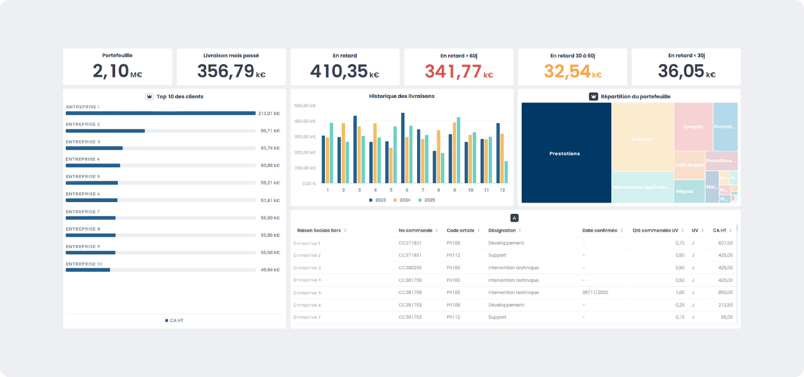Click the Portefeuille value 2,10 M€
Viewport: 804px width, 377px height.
click(117, 71)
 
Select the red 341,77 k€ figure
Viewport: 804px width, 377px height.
click(459, 72)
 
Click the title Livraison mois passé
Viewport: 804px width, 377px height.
click(231, 56)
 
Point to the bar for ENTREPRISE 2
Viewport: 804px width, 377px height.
click(105, 131)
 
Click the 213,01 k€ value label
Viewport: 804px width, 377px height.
click(269, 113)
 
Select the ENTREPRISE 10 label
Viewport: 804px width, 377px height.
click(84, 264)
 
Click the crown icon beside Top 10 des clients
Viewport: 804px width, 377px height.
click(149, 97)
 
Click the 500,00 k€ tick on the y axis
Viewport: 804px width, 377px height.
click(305, 106)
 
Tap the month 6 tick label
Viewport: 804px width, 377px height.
click(407, 190)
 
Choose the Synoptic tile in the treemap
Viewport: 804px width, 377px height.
click(693, 127)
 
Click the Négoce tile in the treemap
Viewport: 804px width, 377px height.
click(685, 191)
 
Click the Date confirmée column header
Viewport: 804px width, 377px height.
click(600, 231)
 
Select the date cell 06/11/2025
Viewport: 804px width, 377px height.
click(595, 292)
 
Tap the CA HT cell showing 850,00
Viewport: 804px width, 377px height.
click(725, 292)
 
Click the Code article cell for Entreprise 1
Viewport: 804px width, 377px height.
click(453, 243)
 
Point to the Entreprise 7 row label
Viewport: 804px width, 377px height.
click(307, 317)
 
